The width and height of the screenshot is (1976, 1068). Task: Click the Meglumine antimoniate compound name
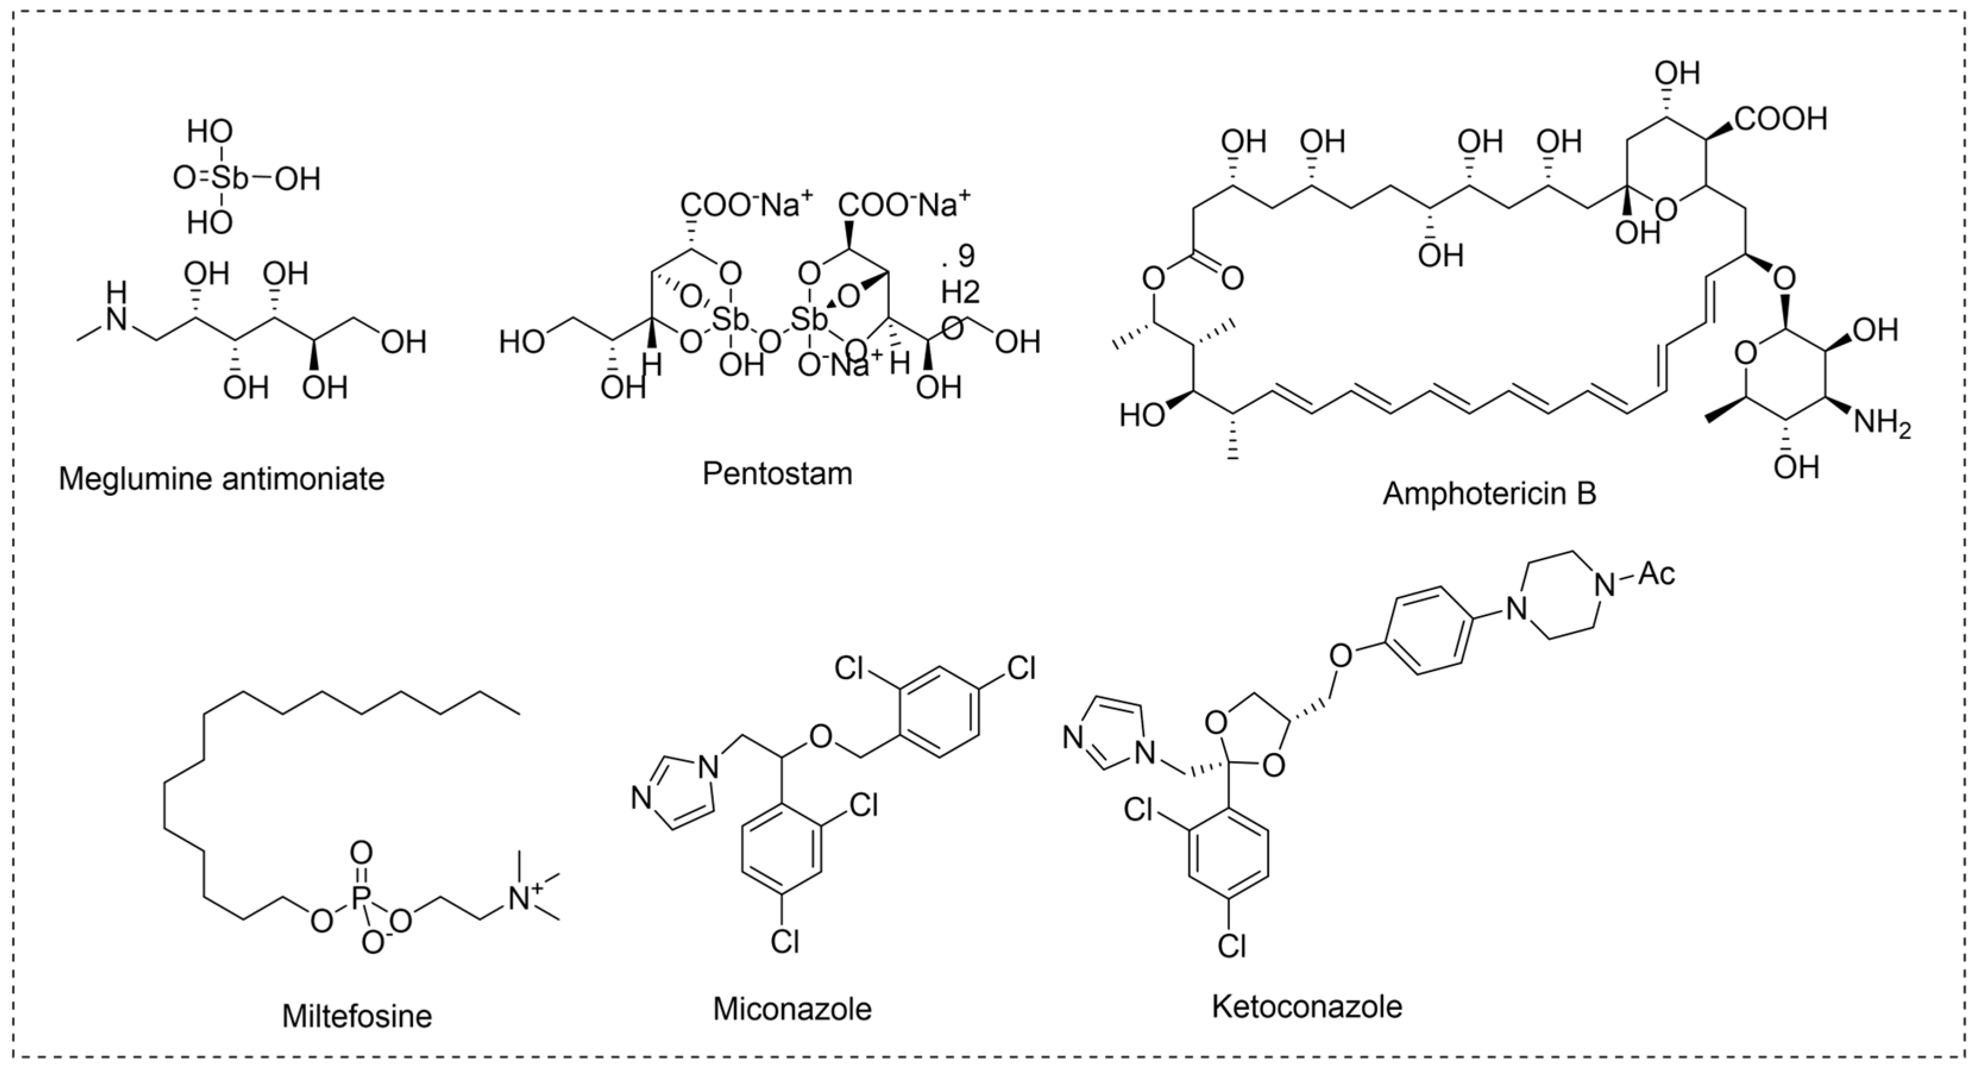point(222,479)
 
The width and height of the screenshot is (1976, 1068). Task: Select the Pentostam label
point(777,473)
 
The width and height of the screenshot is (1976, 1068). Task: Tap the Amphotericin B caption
point(1489,494)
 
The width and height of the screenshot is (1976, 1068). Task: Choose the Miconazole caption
point(792,1008)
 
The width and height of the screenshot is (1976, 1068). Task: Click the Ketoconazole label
point(1307,1006)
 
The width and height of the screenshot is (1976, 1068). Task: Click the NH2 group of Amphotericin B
point(1881,423)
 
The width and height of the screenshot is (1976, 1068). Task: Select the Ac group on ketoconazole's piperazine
point(1656,574)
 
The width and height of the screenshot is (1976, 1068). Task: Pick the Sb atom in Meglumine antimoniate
point(230,179)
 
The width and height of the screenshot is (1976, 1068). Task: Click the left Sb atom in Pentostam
point(724,317)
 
